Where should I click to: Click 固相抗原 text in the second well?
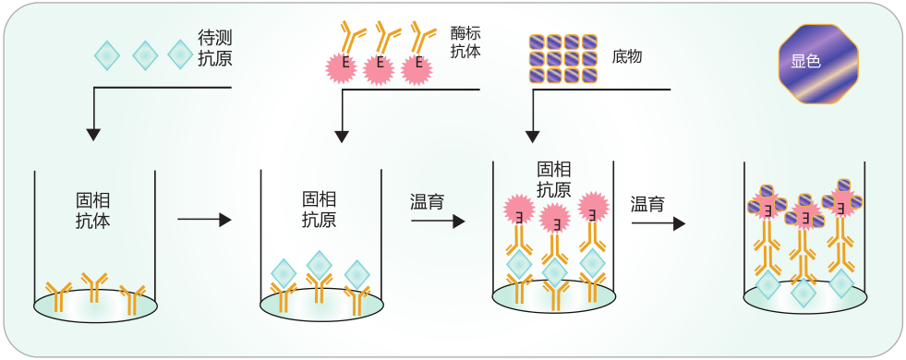[320, 210]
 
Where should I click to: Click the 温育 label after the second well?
[427, 200]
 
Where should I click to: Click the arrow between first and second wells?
[202, 220]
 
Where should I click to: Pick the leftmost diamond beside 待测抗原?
[107, 55]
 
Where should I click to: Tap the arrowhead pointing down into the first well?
[93, 135]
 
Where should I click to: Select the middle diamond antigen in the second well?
[319, 263]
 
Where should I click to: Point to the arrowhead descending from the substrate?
[533, 137]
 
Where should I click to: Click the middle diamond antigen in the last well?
[804, 293]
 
